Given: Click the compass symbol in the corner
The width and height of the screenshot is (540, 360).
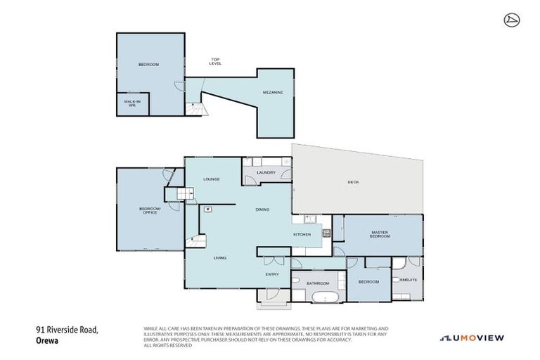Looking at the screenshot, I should tap(510, 20).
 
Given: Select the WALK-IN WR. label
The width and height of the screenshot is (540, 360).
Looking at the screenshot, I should tap(129, 104).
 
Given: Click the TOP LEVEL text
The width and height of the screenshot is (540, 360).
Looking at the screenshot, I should tap(215, 62).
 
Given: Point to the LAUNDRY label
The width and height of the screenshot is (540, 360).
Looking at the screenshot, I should tap(266, 172).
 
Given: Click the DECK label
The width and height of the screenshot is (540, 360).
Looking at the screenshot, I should tap(353, 182).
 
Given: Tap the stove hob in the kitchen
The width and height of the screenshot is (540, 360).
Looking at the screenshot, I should tap(326, 233).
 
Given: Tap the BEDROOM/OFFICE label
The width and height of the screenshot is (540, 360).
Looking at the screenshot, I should tap(148, 210).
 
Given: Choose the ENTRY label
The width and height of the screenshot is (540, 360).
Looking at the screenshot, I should tap(272, 275).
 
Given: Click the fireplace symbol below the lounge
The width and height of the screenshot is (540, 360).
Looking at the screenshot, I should tap(207, 209).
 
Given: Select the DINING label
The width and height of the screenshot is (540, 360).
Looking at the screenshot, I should tap(262, 210).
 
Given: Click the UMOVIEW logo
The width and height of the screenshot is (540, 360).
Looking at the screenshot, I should tap(472, 337).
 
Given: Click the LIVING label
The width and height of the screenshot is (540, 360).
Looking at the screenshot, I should tap(220, 258).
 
